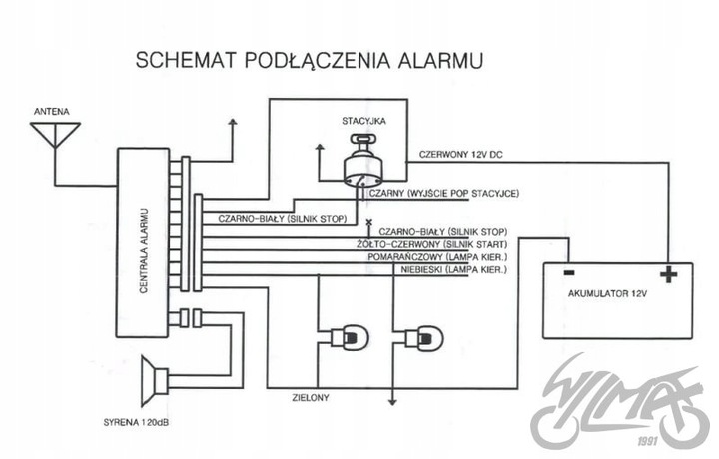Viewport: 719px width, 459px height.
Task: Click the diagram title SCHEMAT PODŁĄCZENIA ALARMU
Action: (310, 60)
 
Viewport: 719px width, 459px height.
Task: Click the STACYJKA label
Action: (363, 120)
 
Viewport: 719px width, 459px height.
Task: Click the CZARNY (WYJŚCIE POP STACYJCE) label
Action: (445, 193)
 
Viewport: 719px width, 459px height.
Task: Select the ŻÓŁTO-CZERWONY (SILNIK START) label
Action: (431, 244)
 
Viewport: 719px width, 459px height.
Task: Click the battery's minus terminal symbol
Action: (566, 271)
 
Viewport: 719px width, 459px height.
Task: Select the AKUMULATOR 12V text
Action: (606, 296)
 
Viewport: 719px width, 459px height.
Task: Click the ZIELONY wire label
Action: (312, 397)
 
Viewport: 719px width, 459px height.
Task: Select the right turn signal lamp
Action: (426, 338)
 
